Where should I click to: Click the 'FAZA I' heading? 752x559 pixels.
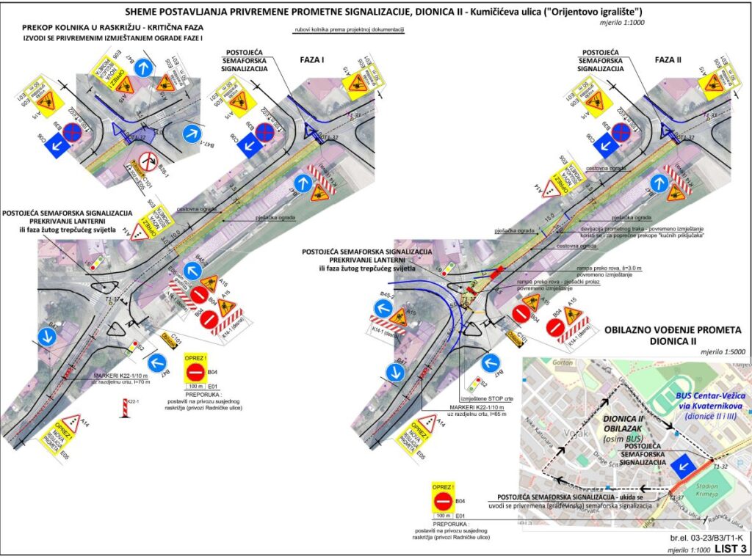(x=313, y=60)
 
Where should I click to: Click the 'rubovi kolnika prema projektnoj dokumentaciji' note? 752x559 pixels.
(x=347, y=32)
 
